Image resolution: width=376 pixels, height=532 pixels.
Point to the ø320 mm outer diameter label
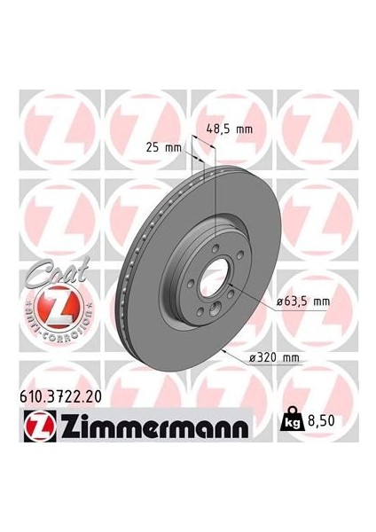(276, 357)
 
